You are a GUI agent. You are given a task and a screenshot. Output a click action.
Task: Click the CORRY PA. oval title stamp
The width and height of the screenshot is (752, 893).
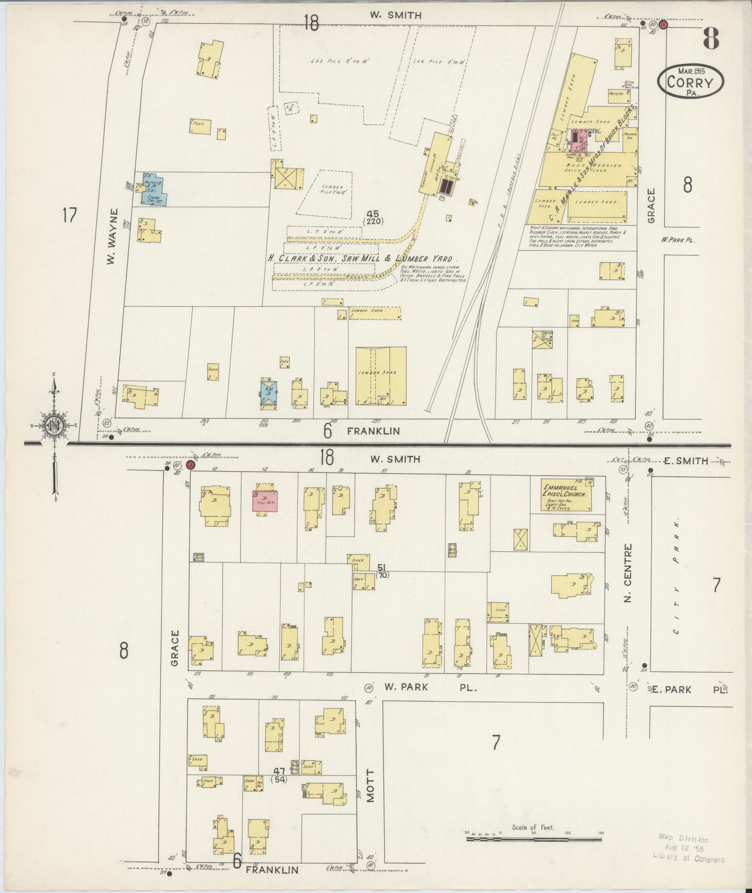pos(691,82)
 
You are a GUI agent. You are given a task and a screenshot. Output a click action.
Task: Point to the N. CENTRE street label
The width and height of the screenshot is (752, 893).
pos(628,573)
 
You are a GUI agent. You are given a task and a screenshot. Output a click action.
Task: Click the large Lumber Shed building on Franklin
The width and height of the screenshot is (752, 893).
pos(381,376)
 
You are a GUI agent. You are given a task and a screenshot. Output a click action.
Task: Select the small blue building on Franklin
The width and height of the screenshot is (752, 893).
pos(268,394)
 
